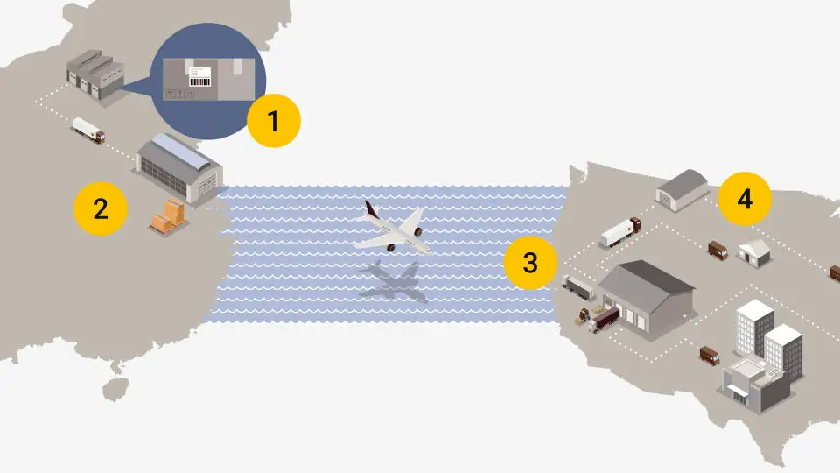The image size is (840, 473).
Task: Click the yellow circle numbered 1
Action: pyautogui.click(x=274, y=121)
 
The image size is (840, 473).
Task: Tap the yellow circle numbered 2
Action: pyautogui.click(x=101, y=208)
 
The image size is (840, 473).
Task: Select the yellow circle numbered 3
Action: pyautogui.click(x=530, y=263)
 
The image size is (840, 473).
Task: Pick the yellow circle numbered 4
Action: pyautogui.click(x=745, y=199)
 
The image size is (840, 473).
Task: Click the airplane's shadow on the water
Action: pyautogui.click(x=394, y=280)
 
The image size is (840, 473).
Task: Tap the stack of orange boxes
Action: pyautogui.click(x=169, y=216)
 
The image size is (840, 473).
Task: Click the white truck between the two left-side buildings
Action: pyautogui.click(x=89, y=131)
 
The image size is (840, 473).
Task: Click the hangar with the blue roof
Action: pyautogui.click(x=179, y=169)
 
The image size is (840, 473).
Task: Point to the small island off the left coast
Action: pyautogui.click(x=115, y=388)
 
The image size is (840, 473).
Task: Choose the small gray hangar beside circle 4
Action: pyautogui.click(x=682, y=189)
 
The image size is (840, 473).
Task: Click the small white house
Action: pyautogui.click(x=754, y=253)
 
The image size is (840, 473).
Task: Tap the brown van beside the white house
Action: pyautogui.click(x=717, y=250)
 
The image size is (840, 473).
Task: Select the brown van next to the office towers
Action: pyautogui.click(x=710, y=355)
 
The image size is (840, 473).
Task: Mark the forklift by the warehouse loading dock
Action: pyautogui.click(x=582, y=316)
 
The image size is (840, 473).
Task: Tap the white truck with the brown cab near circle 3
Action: pyautogui.click(x=619, y=232)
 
